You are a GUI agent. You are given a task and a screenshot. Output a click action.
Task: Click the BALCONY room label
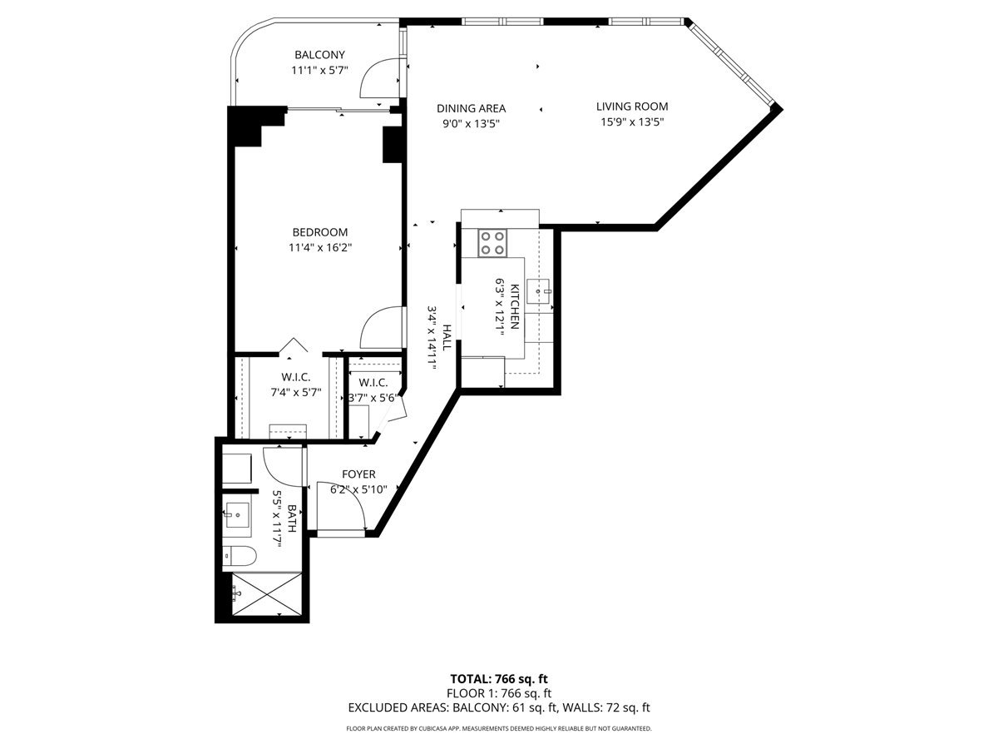(319, 55)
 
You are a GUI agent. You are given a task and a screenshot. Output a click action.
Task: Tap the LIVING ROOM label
(632, 107)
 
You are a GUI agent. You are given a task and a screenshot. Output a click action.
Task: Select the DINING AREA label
(471, 108)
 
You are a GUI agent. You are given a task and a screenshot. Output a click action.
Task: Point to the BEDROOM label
(319, 232)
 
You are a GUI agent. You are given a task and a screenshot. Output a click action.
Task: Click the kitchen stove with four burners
(492, 243)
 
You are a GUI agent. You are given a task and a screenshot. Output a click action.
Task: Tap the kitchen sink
(538, 291)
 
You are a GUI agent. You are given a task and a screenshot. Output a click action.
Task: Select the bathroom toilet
(240, 556)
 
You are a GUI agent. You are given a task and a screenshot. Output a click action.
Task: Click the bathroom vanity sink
(237, 515)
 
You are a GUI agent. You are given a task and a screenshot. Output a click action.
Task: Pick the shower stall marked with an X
(267, 594)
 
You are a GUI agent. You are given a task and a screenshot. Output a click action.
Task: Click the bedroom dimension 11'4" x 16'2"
(320, 248)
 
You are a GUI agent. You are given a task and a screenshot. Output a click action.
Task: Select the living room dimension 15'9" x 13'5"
(632, 122)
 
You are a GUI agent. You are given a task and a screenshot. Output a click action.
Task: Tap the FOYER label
(358, 474)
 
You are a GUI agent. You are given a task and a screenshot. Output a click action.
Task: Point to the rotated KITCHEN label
(515, 306)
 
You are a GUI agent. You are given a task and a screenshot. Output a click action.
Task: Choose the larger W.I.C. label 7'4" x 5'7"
(296, 384)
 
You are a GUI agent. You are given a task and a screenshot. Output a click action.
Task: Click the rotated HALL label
(447, 337)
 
